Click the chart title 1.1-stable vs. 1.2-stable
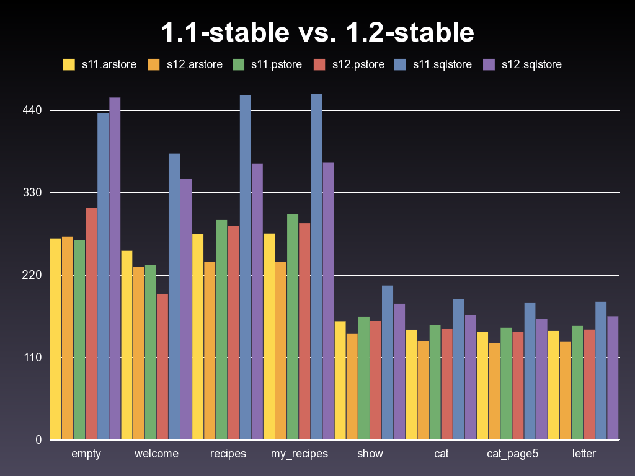[x=317, y=33]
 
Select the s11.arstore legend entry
[x=100, y=64]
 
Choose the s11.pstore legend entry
[x=267, y=64]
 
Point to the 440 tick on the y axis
[x=32, y=110]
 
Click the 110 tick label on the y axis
[x=32, y=358]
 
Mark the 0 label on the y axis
[x=38, y=440]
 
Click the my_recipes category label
[x=300, y=454]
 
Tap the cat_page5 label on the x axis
[x=512, y=454]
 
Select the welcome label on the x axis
[x=156, y=454]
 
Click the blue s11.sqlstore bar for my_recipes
[x=316, y=267]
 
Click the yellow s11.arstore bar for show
[x=340, y=381]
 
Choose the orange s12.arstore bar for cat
[x=424, y=390]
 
